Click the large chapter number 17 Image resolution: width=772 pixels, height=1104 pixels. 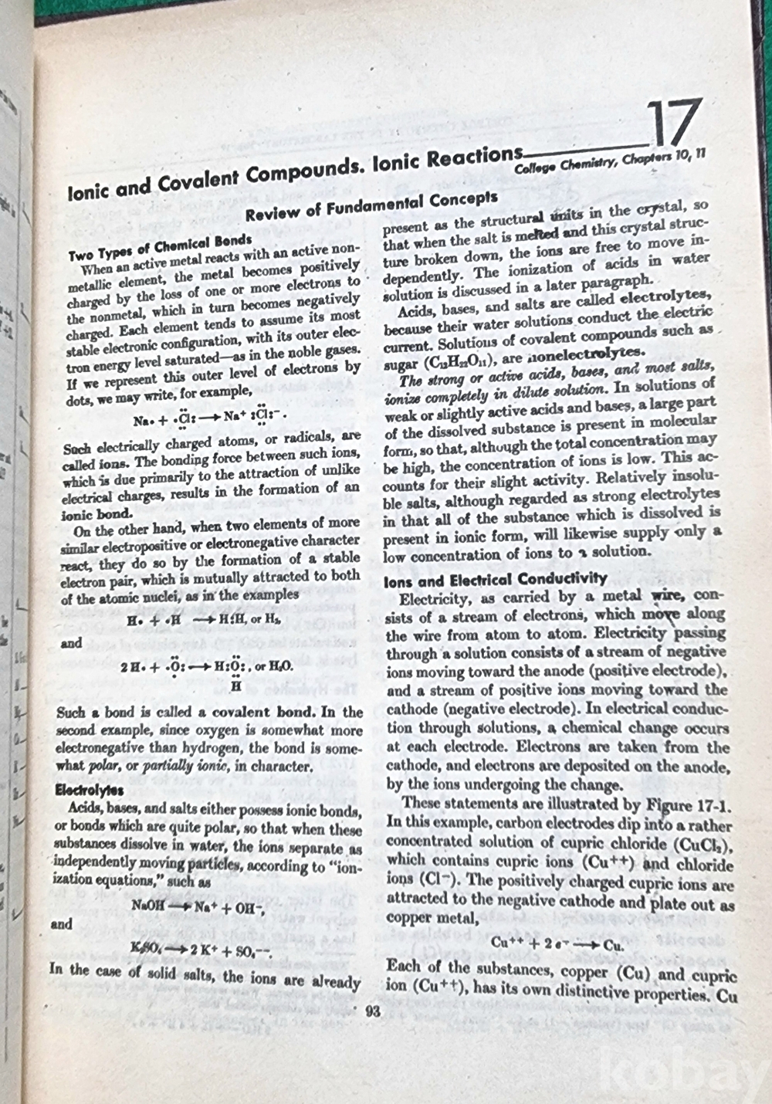click(673, 124)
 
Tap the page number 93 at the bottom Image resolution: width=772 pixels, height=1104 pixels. click(372, 1011)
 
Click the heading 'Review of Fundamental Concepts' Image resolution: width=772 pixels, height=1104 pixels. click(371, 205)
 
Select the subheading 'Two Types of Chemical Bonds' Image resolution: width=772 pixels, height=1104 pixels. click(160, 248)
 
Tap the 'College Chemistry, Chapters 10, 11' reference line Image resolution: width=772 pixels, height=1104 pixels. click(610, 161)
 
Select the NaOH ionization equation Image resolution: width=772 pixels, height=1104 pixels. click(198, 906)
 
